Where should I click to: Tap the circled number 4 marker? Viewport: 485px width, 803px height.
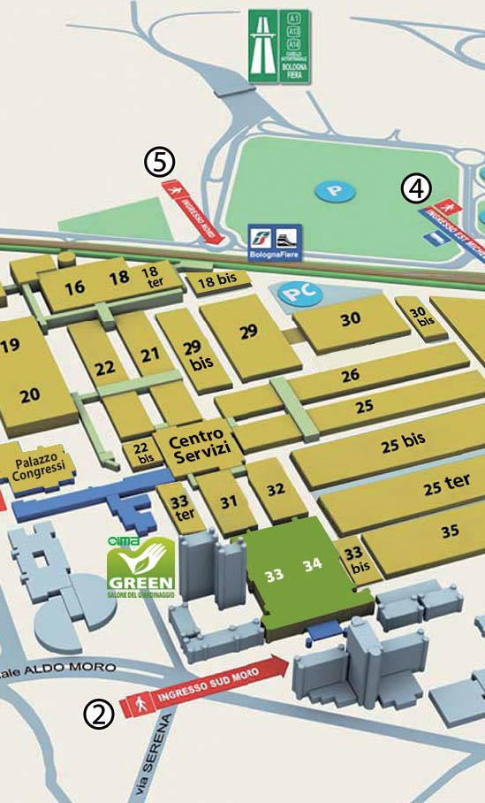[x=416, y=187]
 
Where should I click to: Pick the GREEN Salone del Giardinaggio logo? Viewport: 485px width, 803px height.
[x=140, y=568]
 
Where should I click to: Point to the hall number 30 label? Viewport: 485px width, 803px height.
[x=351, y=318]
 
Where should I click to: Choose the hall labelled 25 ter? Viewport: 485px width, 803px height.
[x=445, y=486]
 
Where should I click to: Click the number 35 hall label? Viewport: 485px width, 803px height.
[x=451, y=532]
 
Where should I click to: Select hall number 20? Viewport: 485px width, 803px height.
[x=30, y=395]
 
